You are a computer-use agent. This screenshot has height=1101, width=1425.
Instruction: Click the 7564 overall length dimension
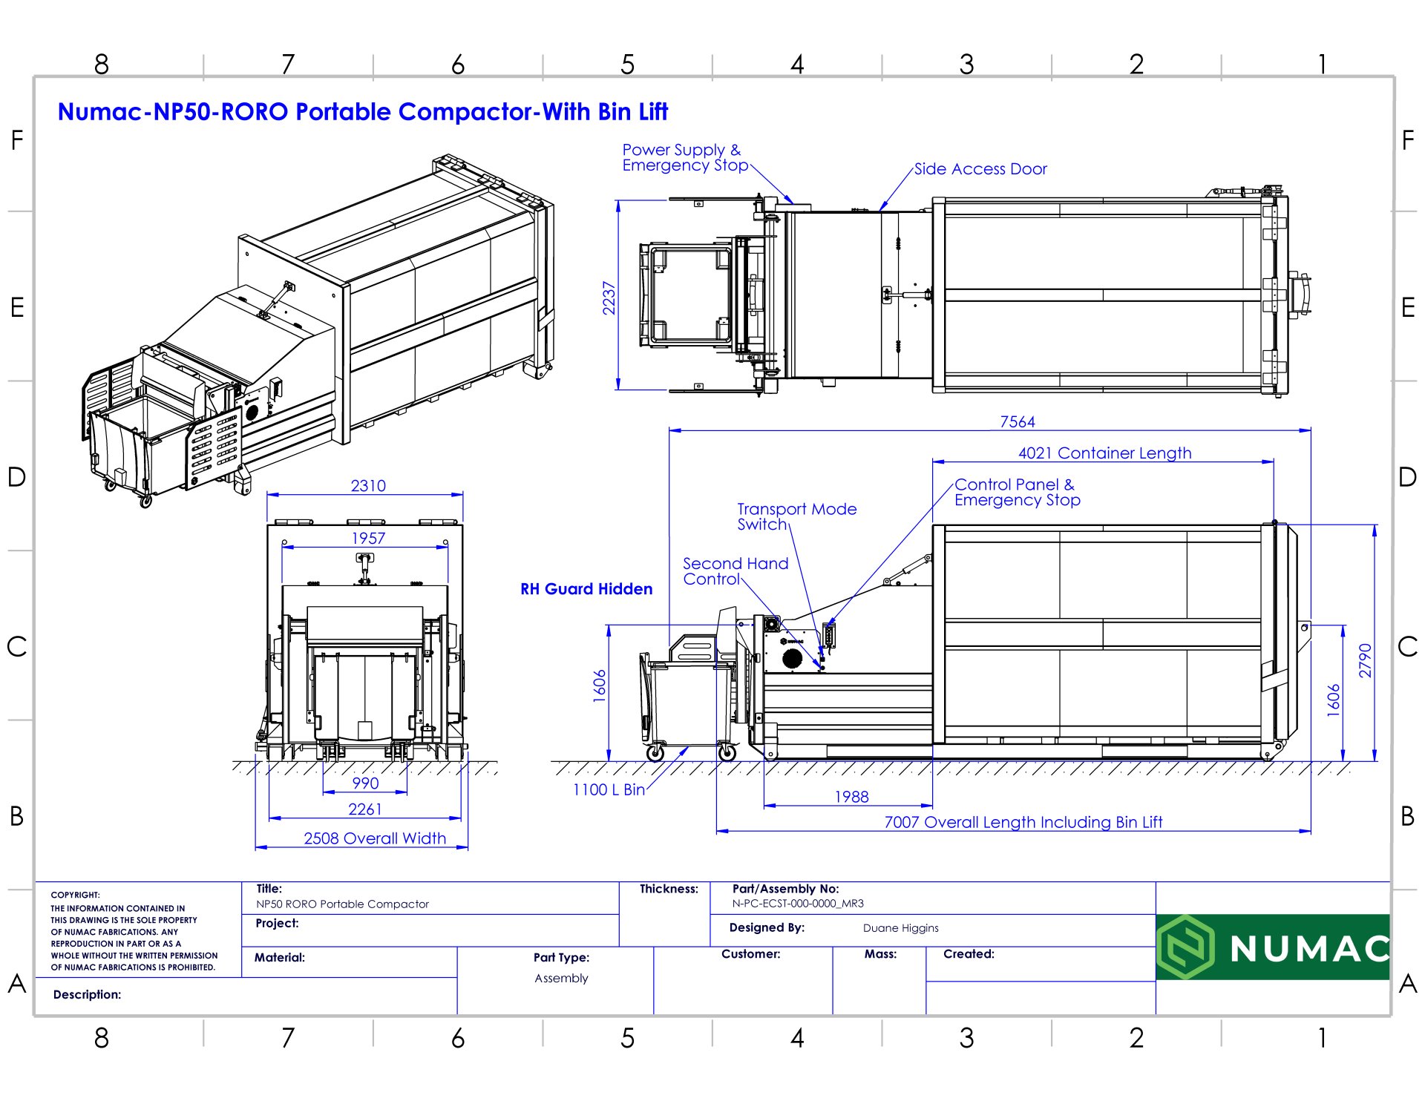tap(1017, 421)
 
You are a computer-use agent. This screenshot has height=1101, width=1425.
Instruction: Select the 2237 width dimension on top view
tap(609, 298)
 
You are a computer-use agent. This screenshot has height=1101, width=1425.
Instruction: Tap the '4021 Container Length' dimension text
tap(1104, 453)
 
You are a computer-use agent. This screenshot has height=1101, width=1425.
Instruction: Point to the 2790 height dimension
tap(1365, 660)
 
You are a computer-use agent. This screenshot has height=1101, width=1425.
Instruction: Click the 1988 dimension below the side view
tap(851, 796)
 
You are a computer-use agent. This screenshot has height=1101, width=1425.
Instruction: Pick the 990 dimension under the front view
tap(365, 783)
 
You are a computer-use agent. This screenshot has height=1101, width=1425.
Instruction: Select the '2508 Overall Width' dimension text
tap(375, 838)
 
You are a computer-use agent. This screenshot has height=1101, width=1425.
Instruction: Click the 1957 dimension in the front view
tap(368, 538)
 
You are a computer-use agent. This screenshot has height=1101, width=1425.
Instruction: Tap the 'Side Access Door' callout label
tap(980, 169)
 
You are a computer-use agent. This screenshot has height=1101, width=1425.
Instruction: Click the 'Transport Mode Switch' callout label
tap(796, 516)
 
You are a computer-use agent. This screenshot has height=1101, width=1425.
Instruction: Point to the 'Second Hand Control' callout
tap(735, 571)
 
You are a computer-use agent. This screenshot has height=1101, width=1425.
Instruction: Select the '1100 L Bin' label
tap(609, 789)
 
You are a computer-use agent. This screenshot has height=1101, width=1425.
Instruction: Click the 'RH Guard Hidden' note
tap(586, 589)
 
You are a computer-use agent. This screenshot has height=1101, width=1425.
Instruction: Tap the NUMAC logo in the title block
tap(1272, 947)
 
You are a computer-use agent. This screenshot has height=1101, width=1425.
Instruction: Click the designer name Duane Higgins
tap(900, 928)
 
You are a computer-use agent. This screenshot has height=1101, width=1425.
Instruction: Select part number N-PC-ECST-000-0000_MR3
tap(798, 904)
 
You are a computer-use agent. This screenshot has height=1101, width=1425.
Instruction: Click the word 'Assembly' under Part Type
tap(561, 978)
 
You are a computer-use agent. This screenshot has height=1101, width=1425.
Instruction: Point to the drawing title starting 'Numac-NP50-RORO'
tap(363, 112)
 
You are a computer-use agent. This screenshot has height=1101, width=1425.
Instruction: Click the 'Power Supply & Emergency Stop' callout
tap(684, 157)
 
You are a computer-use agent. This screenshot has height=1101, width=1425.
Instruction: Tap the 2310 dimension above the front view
tap(368, 485)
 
